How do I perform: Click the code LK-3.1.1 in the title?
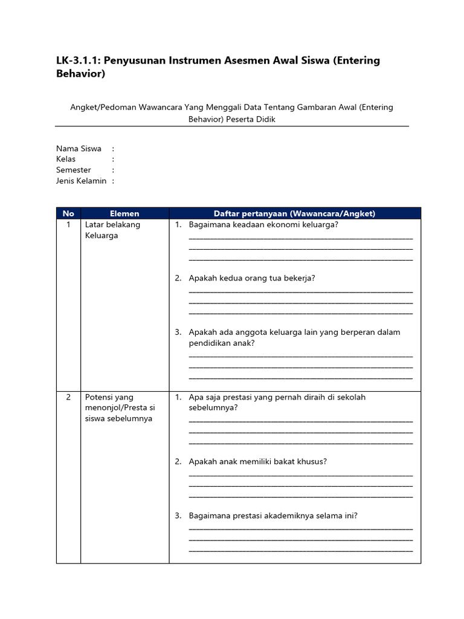tap(77, 61)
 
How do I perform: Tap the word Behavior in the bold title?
tap(81, 74)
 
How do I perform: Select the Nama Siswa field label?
tap(79, 149)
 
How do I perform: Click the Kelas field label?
tap(66, 160)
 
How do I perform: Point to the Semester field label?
tap(74, 170)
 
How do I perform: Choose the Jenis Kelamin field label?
tap(81, 181)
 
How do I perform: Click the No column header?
tap(68, 213)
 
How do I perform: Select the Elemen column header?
tap(124, 213)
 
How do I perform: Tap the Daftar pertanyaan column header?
tap(294, 213)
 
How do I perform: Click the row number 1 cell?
tap(68, 225)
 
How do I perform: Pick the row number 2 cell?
tap(68, 397)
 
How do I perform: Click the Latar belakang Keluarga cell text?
tap(112, 230)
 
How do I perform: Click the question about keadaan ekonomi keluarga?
tap(263, 225)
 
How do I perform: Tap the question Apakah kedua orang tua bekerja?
tap(252, 278)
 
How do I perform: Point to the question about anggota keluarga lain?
tap(294, 337)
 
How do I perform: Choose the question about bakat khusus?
tap(258, 462)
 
